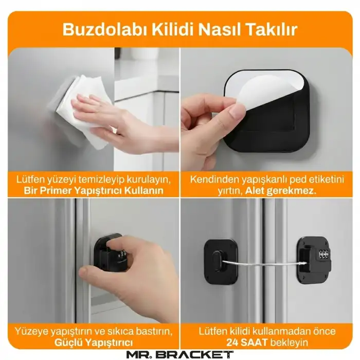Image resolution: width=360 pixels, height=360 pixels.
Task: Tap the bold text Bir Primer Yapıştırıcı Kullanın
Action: pyautogui.click(x=94, y=190)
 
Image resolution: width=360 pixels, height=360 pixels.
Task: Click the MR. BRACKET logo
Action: pyautogui.click(x=179, y=354)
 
